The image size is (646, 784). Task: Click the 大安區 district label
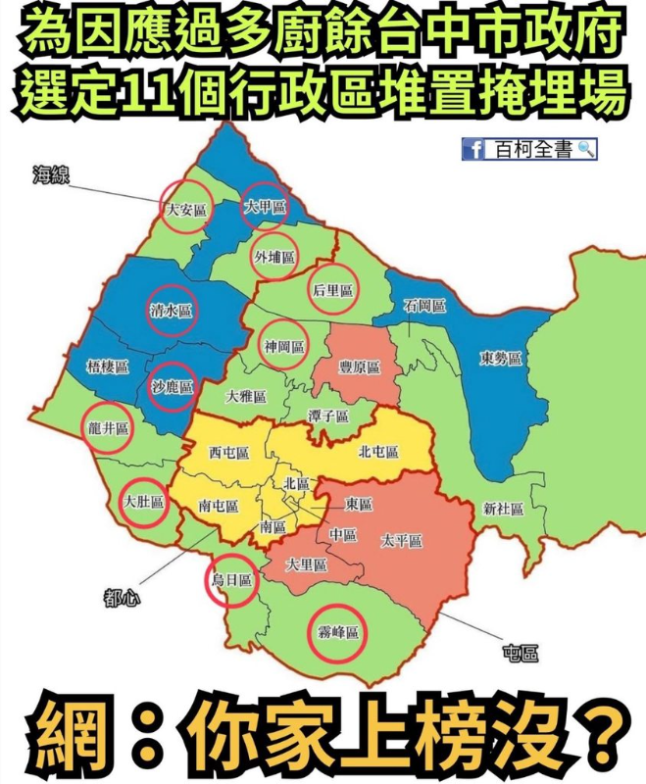pos(186,209)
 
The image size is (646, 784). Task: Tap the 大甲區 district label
pos(265,208)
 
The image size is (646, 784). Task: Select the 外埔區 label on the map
pos(274,257)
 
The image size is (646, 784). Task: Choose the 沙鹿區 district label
pos(173,386)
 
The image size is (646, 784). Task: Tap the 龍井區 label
pos(108,428)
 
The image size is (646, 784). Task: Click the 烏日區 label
pos(232,580)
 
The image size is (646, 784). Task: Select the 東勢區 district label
pos(500,358)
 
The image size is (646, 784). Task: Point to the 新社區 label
pos(503,510)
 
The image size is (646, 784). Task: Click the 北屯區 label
pos(378,452)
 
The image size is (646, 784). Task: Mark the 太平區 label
pos(402,541)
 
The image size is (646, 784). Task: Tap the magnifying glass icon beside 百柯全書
pos(586,149)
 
